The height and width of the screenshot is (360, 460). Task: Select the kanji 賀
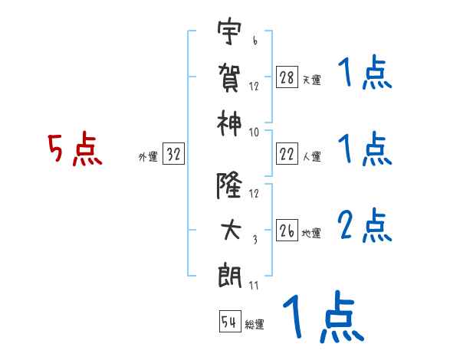click(x=228, y=77)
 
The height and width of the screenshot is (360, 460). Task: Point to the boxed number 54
click(x=229, y=322)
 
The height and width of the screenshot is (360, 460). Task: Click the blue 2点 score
click(x=364, y=226)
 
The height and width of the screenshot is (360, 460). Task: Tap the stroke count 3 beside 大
click(x=255, y=239)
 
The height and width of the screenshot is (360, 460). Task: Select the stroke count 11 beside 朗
click(x=254, y=286)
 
